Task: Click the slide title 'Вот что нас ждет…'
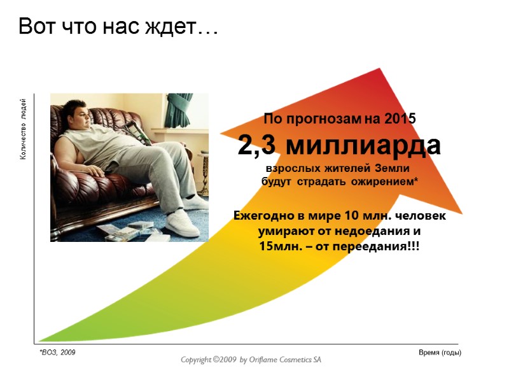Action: point(118,27)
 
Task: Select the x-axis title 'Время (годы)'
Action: point(440,352)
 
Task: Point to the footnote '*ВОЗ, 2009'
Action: point(57,352)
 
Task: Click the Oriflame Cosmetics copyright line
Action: point(251,360)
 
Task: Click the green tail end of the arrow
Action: point(48,338)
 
